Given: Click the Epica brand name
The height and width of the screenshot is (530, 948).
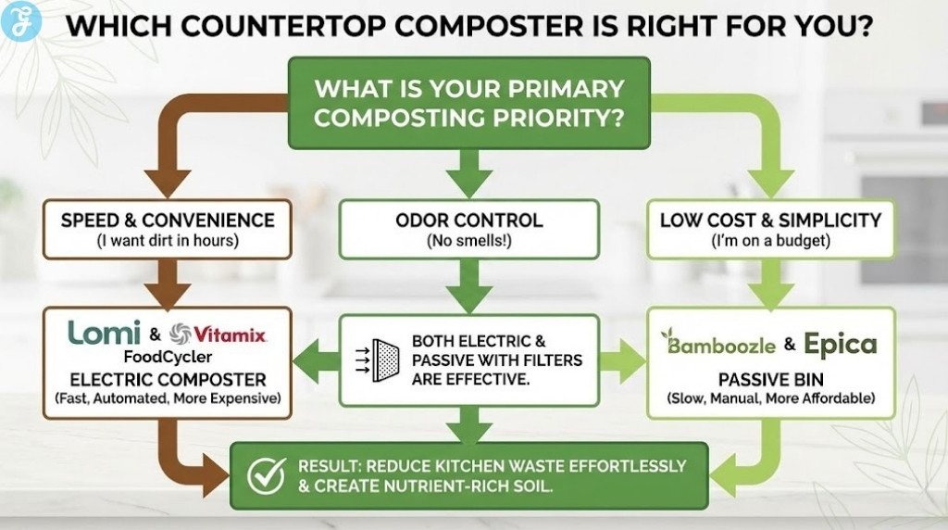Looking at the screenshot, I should (840, 345).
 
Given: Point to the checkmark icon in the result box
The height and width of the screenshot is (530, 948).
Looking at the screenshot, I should (265, 475).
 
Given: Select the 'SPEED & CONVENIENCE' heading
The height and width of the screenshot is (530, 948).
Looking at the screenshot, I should (168, 221).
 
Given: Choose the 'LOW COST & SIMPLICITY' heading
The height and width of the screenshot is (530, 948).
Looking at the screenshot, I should (770, 221).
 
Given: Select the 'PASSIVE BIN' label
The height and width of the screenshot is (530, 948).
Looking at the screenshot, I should (770, 379).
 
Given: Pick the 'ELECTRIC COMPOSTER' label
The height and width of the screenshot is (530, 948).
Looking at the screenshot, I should (168, 379).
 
